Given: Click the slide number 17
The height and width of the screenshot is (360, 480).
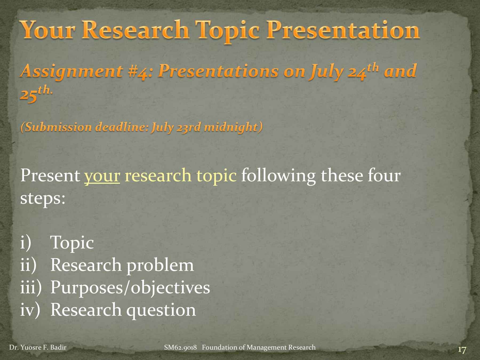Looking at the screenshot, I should [462, 350].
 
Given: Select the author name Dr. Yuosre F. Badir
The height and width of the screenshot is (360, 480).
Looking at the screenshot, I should [38, 347].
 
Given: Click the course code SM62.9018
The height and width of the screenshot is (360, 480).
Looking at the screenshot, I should [180, 347].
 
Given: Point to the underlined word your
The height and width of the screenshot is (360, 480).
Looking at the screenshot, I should [102, 176].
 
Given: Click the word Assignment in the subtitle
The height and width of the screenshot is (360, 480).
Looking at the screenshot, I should [72, 71].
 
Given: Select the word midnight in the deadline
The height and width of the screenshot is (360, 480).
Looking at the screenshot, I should [231, 127].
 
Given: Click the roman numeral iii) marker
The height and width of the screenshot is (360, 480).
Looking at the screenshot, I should [31, 287].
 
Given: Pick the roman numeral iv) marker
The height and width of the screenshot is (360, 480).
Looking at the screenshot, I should [30, 310].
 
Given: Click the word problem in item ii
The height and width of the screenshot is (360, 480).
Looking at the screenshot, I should [160, 265].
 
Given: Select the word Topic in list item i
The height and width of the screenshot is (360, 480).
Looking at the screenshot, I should [72, 243].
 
